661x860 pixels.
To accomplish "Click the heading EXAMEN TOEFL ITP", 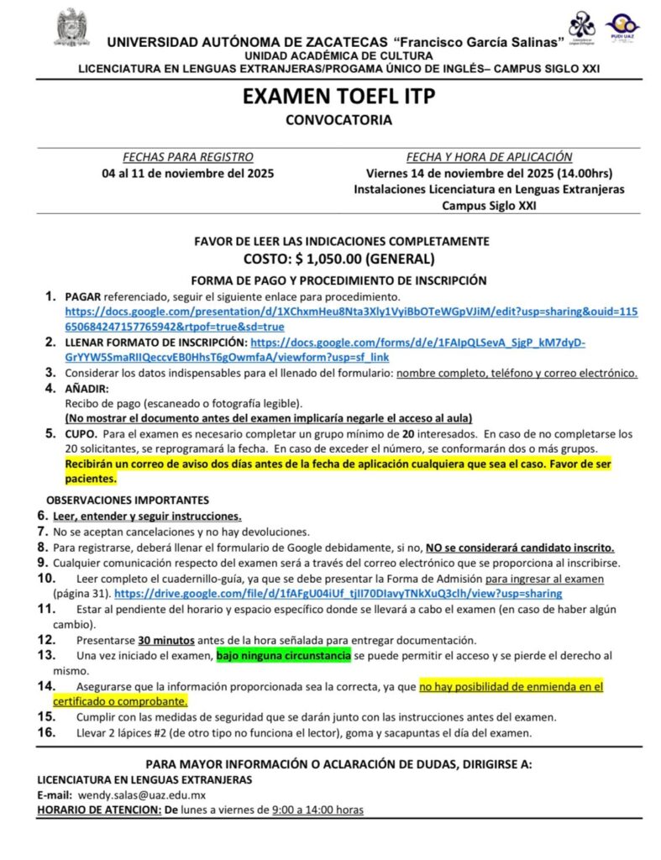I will [338, 97].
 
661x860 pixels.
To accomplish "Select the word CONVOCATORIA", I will [338, 120].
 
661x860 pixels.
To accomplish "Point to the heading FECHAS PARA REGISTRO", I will [188, 157].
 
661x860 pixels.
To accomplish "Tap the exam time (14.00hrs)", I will [588, 173].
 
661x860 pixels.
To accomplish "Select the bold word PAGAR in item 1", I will [83, 296].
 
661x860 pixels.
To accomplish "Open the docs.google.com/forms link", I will [417, 343].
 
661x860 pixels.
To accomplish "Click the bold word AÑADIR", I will [87, 388].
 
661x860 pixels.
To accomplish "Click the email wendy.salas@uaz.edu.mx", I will [142, 794].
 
